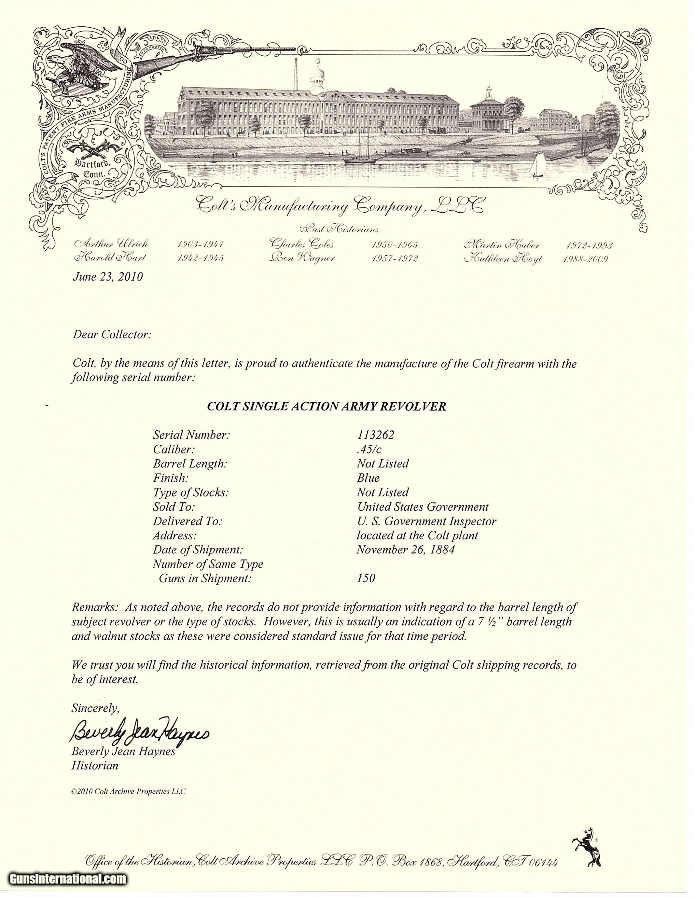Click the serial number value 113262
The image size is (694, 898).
(x=376, y=435)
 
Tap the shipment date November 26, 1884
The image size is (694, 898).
(x=405, y=550)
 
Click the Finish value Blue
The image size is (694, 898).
(x=368, y=478)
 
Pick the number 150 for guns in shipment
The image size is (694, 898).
(x=366, y=579)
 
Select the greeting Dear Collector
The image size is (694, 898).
(x=112, y=335)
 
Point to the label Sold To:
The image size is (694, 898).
(x=174, y=506)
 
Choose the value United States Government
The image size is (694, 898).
(x=423, y=506)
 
